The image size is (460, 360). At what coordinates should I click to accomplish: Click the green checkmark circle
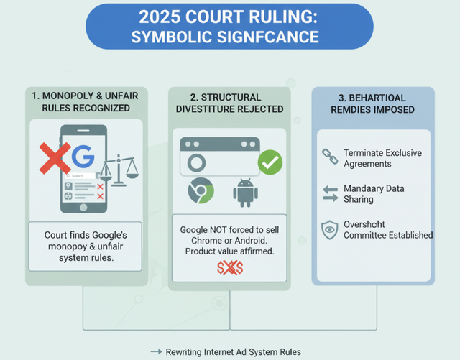[270, 162]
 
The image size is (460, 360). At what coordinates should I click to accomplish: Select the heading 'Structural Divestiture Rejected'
[229, 102]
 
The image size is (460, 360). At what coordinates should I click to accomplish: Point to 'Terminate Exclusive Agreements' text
[382, 158]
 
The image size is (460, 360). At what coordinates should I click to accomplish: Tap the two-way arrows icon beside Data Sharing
[330, 193]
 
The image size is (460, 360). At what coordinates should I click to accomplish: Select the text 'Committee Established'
[388, 235]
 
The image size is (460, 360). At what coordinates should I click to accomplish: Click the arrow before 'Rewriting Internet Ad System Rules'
[155, 351]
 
